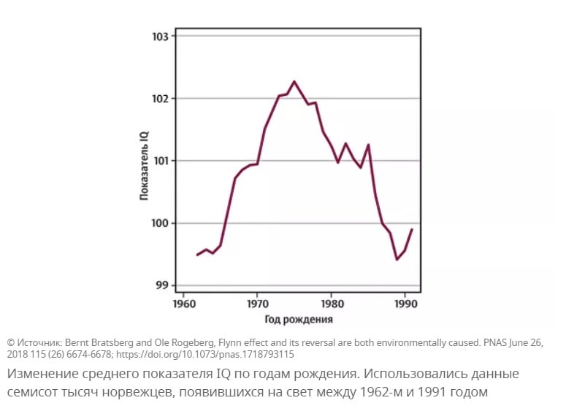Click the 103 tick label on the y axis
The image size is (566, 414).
pyautogui.click(x=161, y=37)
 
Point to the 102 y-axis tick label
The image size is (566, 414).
pyautogui.click(x=161, y=99)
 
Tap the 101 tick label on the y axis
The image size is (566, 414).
pyautogui.click(x=161, y=161)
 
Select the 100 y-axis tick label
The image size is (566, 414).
pyautogui.click(x=161, y=223)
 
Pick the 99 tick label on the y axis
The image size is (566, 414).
pyautogui.click(x=164, y=285)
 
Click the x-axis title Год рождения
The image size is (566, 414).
pyautogui.click(x=299, y=319)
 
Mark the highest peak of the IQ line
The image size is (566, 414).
pyautogui.click(x=294, y=81)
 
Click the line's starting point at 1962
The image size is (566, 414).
pyautogui.click(x=197, y=255)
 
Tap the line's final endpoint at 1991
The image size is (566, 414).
pyautogui.click(x=413, y=230)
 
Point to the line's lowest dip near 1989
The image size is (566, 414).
pyautogui.click(x=397, y=260)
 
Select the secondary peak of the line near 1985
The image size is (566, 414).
pyautogui.click(x=369, y=145)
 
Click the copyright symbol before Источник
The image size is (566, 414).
pyautogui.click(x=11, y=342)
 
